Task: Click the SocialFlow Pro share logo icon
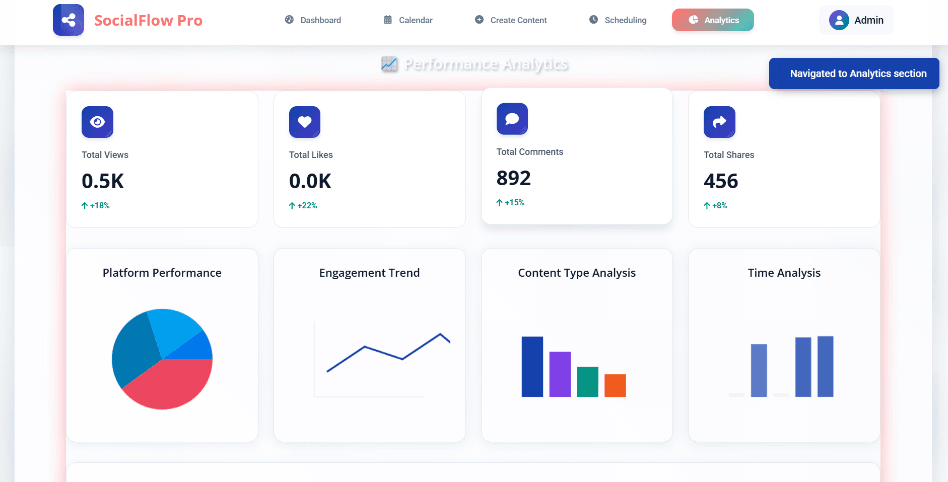click(69, 20)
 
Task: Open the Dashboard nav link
click(313, 20)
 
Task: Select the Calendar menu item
click(408, 20)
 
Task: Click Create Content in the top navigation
click(511, 20)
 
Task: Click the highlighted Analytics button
click(713, 20)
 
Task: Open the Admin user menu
click(856, 20)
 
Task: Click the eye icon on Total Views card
click(97, 122)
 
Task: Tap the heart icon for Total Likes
click(305, 122)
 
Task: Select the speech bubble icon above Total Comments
click(512, 119)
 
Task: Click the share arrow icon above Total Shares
click(719, 122)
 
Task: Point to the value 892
click(513, 178)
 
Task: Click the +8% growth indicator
click(716, 205)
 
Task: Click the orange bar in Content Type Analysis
click(615, 385)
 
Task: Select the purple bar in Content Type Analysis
click(560, 374)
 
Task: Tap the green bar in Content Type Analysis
click(587, 382)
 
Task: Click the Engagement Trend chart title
click(369, 273)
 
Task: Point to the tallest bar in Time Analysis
click(825, 366)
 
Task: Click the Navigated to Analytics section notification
click(854, 73)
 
